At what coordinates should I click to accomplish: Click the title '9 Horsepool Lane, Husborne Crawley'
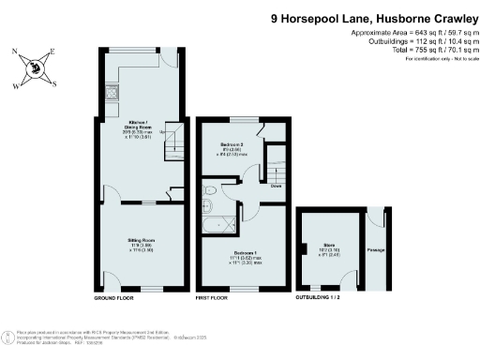(376, 17)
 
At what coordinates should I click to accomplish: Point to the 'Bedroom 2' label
(232, 145)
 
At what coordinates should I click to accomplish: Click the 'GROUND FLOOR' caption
(115, 298)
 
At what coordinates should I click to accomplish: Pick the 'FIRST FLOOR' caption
(213, 298)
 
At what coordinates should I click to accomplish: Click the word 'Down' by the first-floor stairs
(276, 186)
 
